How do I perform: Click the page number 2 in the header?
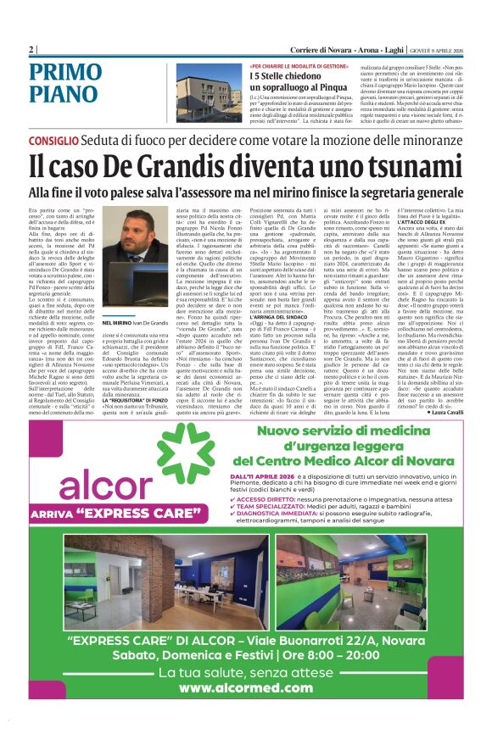[x=31, y=49]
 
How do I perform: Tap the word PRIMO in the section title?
[x=66, y=74]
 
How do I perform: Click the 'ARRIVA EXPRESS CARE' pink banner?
[x=106, y=514]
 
